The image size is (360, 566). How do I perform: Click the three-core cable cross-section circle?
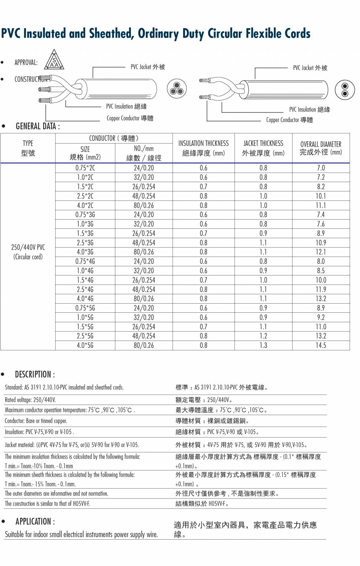point(177,89)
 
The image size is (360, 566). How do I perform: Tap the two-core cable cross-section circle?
point(345,90)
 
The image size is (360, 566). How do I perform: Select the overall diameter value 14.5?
point(321,345)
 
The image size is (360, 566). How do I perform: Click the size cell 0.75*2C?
point(85,168)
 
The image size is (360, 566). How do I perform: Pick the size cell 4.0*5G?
point(85,345)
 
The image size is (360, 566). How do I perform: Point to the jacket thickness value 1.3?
point(263,345)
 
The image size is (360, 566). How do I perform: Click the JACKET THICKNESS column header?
point(263,148)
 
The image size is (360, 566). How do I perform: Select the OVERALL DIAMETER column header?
point(321,148)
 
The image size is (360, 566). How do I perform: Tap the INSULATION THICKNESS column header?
point(204,148)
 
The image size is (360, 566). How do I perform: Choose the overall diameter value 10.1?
point(321,196)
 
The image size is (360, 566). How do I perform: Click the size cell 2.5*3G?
point(85,243)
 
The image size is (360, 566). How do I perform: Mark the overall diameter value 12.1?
point(321,252)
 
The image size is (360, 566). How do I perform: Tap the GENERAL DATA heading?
point(38,127)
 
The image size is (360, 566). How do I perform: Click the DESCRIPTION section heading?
point(35,374)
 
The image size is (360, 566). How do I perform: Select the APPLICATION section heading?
point(35,521)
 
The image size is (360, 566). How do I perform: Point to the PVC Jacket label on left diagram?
point(148,67)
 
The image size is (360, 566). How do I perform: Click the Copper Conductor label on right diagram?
point(289,120)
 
